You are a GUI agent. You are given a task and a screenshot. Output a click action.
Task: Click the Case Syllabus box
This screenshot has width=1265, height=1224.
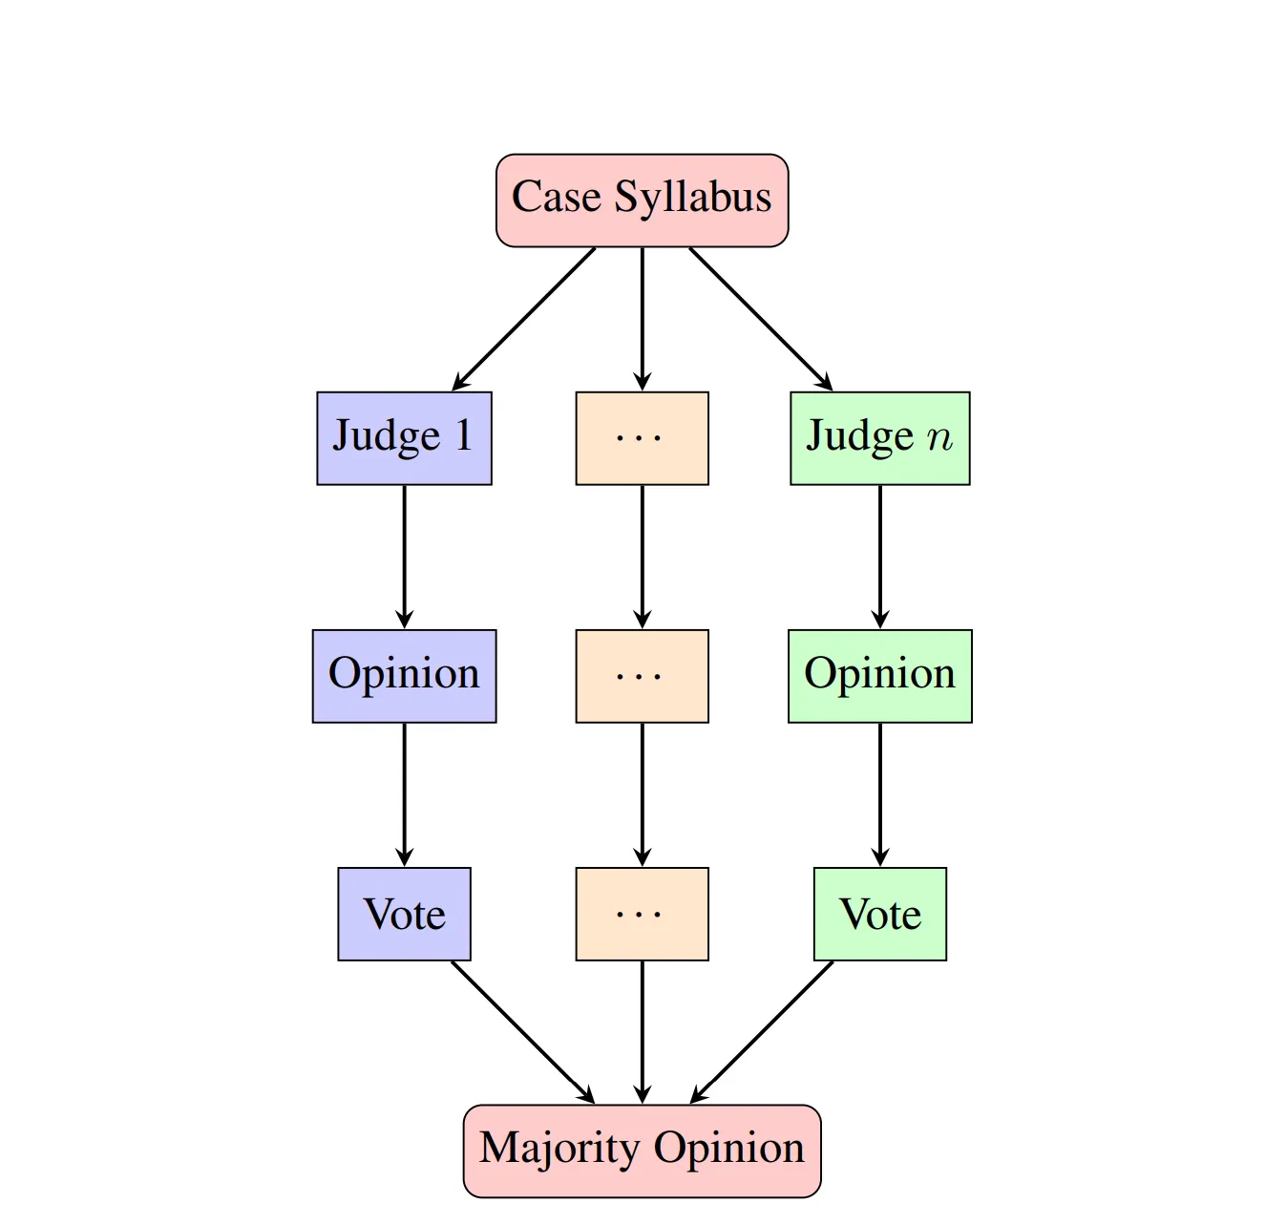[x=642, y=200]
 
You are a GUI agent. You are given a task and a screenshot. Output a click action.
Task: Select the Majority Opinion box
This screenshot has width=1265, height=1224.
[x=642, y=1150]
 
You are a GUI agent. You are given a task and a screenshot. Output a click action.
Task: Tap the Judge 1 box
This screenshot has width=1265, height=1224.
[x=404, y=438]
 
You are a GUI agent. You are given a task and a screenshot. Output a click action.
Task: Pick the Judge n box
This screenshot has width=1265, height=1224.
[x=879, y=438]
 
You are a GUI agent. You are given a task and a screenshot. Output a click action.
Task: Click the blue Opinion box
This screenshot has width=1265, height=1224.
[x=404, y=676]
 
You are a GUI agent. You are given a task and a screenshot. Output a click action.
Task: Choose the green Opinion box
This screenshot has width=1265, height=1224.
[x=879, y=676]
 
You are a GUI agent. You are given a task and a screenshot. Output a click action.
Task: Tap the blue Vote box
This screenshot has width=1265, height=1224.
[x=404, y=914]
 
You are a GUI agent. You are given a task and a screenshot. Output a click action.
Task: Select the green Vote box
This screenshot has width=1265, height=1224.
[x=879, y=914]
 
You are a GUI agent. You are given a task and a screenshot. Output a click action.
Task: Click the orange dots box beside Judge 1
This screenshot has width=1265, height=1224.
[x=642, y=438]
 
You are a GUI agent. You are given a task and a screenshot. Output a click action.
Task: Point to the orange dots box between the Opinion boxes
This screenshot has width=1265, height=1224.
[x=642, y=676]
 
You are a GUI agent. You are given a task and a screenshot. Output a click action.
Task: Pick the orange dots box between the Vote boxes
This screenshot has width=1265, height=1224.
[x=642, y=914]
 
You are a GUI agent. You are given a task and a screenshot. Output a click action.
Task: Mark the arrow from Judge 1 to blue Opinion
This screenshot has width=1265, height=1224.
[x=404, y=557]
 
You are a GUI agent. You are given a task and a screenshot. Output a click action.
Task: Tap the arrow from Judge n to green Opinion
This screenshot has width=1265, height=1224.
[x=879, y=557]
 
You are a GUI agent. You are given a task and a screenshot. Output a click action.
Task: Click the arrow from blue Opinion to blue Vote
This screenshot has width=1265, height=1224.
[x=404, y=794]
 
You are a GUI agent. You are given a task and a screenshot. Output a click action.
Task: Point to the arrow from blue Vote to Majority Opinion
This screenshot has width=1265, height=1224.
[x=523, y=1032]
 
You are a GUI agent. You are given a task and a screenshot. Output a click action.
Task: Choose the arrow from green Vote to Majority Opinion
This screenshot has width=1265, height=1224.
[x=761, y=1032]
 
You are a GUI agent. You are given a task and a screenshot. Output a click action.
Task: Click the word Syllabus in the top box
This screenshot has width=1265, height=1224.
[x=692, y=198]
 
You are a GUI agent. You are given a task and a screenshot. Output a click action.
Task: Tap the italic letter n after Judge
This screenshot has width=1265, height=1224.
[x=939, y=437]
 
